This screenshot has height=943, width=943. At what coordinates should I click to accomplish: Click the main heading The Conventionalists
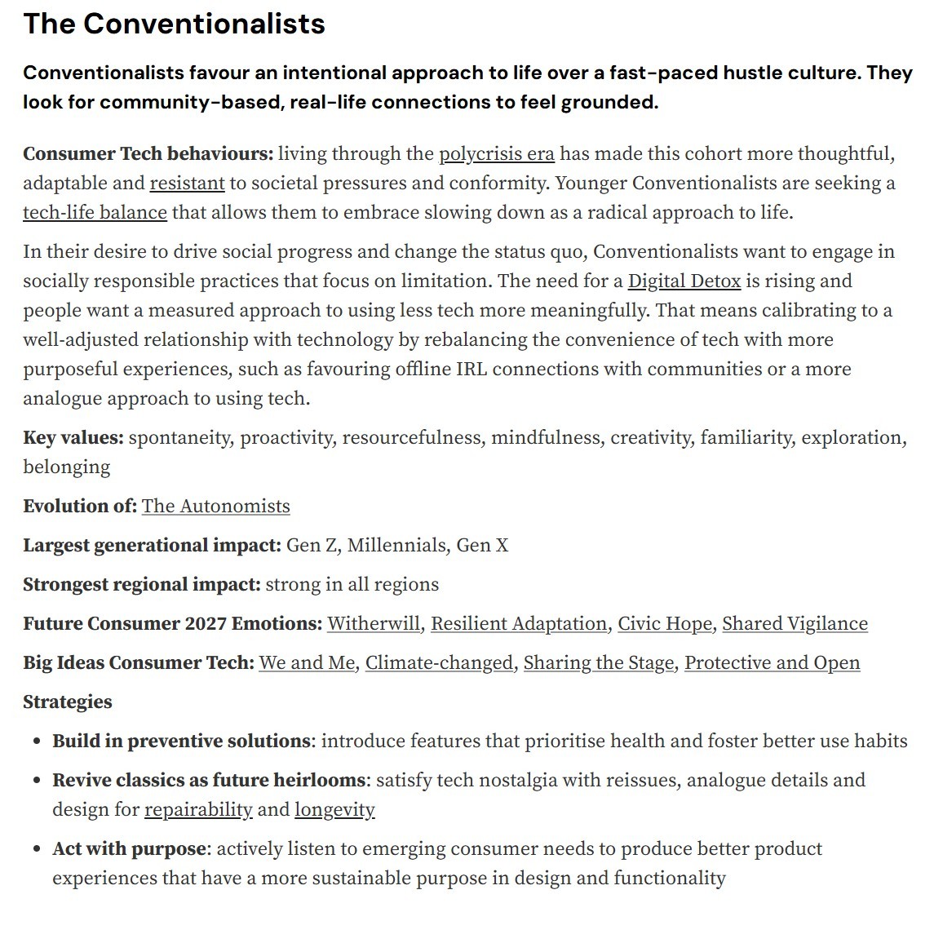click(x=174, y=24)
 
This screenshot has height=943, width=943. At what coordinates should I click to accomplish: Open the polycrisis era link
click(x=496, y=154)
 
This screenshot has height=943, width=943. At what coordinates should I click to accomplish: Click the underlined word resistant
click(x=187, y=184)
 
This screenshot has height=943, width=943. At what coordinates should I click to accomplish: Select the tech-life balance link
click(x=95, y=213)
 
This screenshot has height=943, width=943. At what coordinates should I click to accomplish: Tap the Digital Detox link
click(x=684, y=281)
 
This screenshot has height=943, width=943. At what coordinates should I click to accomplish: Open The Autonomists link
click(x=215, y=507)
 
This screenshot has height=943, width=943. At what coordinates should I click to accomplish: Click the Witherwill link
click(x=373, y=624)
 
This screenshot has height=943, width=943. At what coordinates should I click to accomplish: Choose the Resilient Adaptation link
click(x=519, y=624)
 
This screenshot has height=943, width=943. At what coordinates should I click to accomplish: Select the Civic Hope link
click(x=664, y=624)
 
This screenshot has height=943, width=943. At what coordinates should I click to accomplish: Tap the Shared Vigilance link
click(x=795, y=624)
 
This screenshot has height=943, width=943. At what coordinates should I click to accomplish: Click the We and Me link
click(x=307, y=663)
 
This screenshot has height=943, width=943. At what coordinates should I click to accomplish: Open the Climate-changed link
click(x=439, y=663)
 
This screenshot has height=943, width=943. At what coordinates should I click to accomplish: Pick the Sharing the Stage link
click(x=599, y=663)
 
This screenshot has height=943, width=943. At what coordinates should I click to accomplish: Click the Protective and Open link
click(x=772, y=663)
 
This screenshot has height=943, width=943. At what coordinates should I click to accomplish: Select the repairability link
click(x=198, y=810)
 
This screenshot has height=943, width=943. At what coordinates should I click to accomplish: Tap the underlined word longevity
click(x=334, y=810)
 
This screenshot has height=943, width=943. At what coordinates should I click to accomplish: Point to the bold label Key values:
click(x=73, y=438)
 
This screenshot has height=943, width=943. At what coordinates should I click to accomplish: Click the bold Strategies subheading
click(x=68, y=702)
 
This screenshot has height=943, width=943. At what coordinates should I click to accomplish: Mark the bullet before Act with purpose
click(x=37, y=850)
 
